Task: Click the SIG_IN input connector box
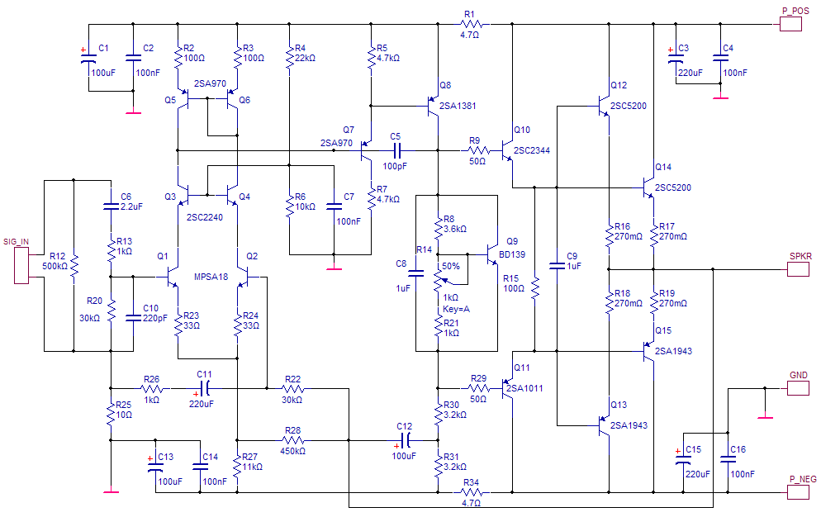click(21, 266)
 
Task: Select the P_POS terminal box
click(790, 24)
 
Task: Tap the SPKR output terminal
click(798, 269)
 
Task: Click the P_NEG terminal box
click(798, 492)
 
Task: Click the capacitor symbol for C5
click(396, 151)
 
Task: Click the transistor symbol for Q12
click(603, 106)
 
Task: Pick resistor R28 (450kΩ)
click(292, 440)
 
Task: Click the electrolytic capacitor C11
click(205, 389)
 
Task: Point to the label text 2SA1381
click(458, 106)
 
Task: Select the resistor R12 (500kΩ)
click(74, 266)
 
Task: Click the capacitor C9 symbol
click(557, 266)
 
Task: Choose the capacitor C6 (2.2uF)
click(111, 206)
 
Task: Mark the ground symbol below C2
click(133, 112)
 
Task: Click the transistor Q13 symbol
click(603, 425)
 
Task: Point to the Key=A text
click(457, 309)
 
